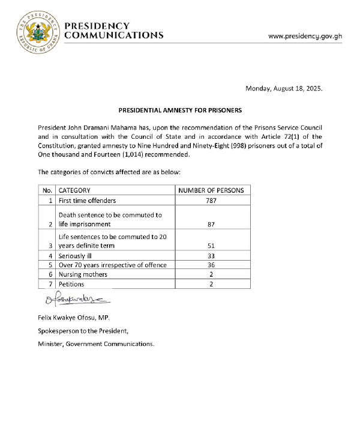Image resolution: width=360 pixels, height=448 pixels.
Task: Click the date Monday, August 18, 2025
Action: tap(284, 88)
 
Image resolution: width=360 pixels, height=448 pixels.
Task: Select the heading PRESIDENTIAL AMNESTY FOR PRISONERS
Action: tap(180, 111)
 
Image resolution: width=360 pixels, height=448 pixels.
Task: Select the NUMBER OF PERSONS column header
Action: tap(212, 190)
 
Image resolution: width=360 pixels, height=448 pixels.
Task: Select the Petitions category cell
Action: tap(71, 284)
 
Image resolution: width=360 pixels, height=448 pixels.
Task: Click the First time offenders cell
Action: tap(87, 200)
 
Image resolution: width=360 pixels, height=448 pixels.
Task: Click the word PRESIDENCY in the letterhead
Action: tap(97, 26)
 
